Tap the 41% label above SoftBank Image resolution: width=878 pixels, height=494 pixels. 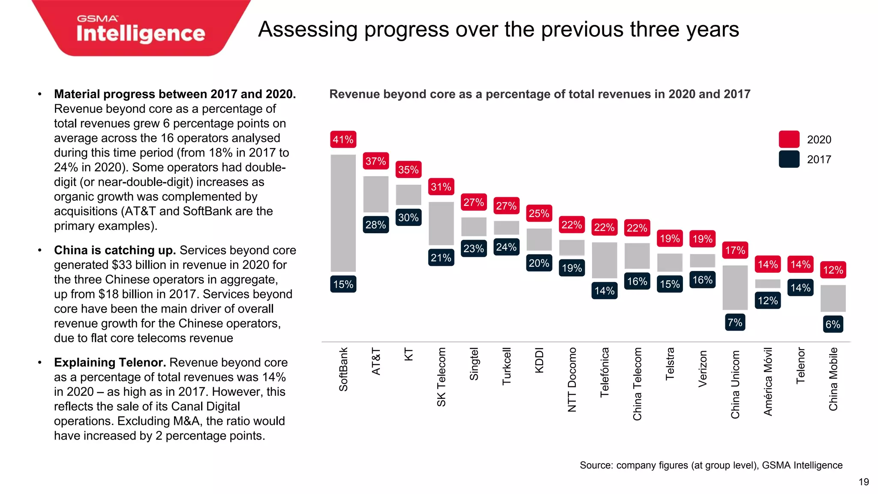point(343,139)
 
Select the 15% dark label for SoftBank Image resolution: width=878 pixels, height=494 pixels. point(343,284)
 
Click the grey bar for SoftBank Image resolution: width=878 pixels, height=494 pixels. point(343,213)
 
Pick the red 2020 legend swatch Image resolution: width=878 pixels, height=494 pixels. point(789,139)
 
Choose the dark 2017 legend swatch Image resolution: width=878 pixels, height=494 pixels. point(789,159)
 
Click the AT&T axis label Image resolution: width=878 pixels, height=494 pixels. point(376,361)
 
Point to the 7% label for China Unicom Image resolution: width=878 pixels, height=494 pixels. point(735,322)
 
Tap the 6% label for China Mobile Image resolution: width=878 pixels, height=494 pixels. point(833,324)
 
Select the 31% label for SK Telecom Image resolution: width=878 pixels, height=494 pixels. point(441,187)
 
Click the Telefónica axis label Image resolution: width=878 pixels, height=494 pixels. point(604,372)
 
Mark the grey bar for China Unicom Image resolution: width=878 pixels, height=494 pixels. point(735,287)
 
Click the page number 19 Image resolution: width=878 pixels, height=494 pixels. point(863,482)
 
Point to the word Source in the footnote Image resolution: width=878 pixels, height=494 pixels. point(595,465)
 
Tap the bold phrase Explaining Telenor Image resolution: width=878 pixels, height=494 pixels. point(110,363)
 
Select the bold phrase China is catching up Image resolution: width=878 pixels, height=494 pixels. point(115,250)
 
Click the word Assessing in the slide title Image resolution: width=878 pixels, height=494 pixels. point(307,30)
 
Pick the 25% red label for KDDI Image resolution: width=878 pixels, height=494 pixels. point(539,213)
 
